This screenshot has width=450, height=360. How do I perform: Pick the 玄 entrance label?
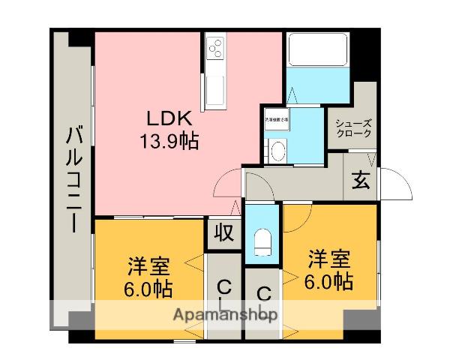click(x=361, y=180)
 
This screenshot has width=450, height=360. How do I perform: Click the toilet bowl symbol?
click(x=262, y=241)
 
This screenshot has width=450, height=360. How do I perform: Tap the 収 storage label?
click(x=223, y=232)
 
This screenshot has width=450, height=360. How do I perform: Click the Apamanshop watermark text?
click(x=225, y=315)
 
